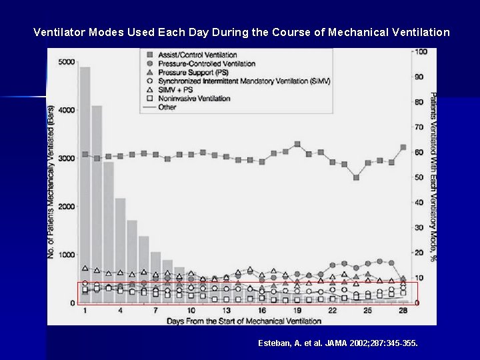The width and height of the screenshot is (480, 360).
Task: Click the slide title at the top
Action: [241, 32]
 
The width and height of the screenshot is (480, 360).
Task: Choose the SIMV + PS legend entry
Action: [176, 89]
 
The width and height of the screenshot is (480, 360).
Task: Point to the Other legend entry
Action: [167, 107]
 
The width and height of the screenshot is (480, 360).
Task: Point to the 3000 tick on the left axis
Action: [67, 159]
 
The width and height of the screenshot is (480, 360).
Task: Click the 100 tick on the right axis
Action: [420, 52]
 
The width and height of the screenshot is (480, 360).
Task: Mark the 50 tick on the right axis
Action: [419, 177]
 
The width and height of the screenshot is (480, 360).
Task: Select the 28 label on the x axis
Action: [403, 311]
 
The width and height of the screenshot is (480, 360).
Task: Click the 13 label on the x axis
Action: [227, 311]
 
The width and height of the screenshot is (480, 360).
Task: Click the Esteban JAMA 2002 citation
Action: [338, 343]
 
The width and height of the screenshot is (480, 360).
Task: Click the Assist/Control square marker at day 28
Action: [403, 147]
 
